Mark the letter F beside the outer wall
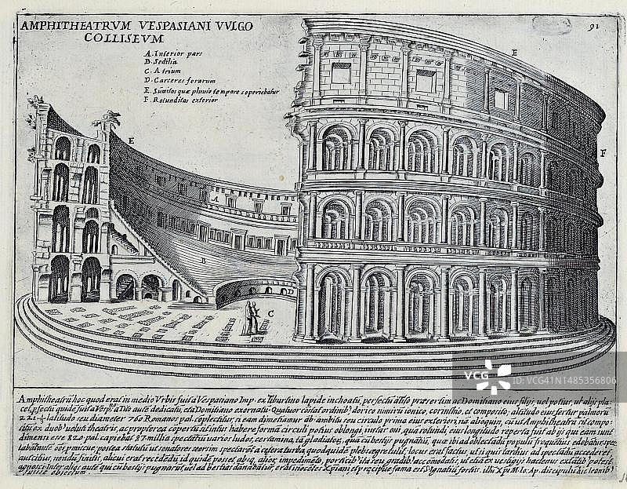[x=603, y=151]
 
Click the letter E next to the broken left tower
[x=131, y=140]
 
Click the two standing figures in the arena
[x=251, y=318]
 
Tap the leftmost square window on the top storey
[x=340, y=73]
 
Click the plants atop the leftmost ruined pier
[x=34, y=101]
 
